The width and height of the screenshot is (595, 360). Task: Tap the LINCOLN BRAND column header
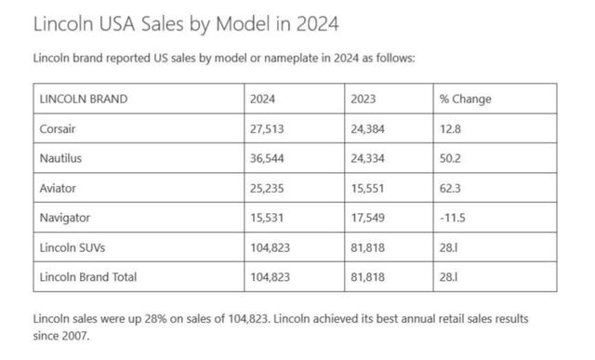(x=84, y=100)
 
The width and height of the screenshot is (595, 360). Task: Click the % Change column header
(x=465, y=100)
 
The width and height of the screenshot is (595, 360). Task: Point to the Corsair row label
(x=58, y=129)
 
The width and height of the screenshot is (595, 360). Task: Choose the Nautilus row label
(x=60, y=158)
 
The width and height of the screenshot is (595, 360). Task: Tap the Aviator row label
(x=58, y=188)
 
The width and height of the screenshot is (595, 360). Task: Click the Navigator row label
(x=65, y=218)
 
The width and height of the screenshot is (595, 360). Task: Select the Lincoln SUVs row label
(x=73, y=247)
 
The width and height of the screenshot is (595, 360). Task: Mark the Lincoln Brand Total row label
(x=88, y=277)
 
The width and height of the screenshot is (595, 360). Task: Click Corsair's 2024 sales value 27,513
(x=267, y=129)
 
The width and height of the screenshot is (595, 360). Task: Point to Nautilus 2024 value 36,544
(x=267, y=158)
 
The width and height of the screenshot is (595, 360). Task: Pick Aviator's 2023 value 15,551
(x=367, y=188)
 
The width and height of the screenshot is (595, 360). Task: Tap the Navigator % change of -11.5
(x=453, y=218)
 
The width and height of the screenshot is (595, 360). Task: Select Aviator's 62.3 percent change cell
(x=450, y=188)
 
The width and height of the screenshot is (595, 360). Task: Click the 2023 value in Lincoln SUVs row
(x=367, y=247)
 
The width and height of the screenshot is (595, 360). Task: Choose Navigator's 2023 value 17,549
(x=367, y=218)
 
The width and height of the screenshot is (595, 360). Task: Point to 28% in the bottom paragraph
(x=155, y=319)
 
